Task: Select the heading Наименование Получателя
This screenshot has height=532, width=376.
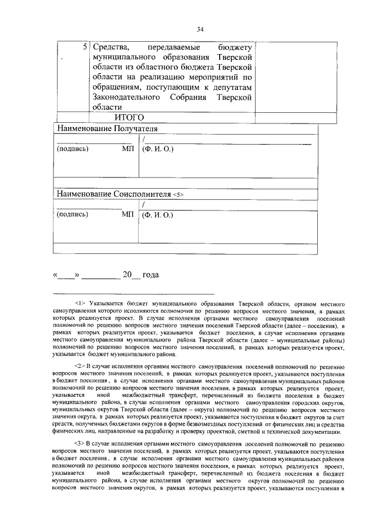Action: tap(107, 128)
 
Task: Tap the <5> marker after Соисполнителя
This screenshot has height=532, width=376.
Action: tap(179, 194)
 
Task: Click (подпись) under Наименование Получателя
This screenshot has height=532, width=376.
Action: tap(72, 149)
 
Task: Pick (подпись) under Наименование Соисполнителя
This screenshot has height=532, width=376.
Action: tap(72, 215)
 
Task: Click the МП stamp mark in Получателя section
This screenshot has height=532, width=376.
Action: tap(128, 149)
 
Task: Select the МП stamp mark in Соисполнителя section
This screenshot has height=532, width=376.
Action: tap(128, 215)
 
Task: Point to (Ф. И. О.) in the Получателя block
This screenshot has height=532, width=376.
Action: tap(157, 149)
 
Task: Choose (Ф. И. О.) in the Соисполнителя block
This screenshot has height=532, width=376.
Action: tap(157, 215)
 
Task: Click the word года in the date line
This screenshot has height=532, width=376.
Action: tap(151, 275)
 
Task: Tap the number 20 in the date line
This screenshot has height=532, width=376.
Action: tap(127, 275)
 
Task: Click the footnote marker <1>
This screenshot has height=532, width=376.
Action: tap(80, 302)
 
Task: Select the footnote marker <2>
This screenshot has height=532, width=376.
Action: tap(80, 366)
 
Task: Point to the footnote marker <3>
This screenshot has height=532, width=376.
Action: tap(80, 443)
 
